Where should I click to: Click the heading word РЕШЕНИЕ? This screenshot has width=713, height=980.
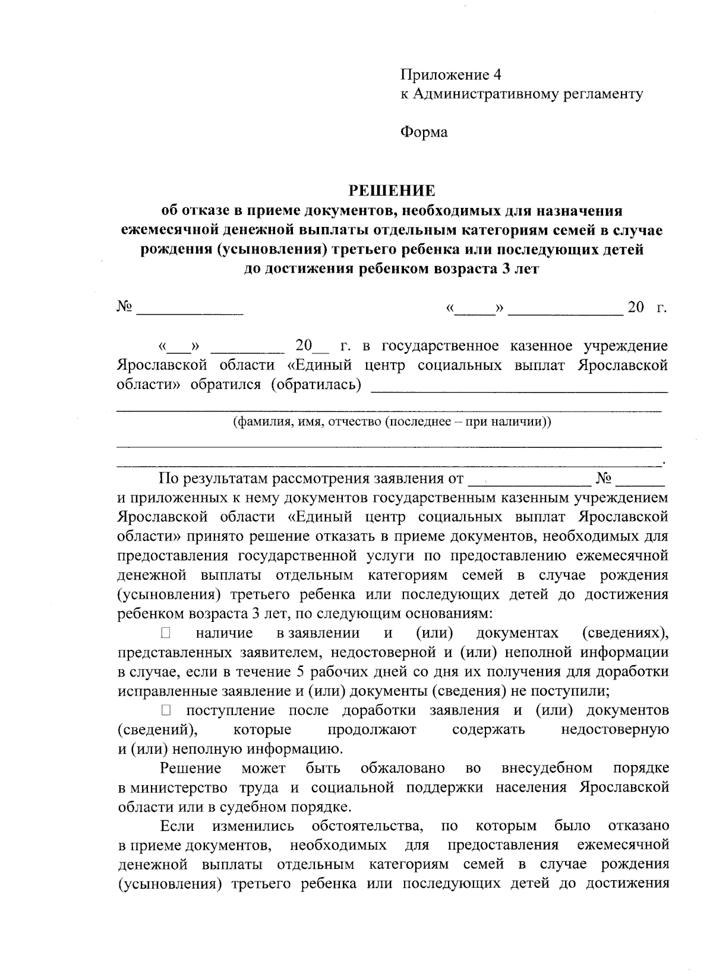(392, 191)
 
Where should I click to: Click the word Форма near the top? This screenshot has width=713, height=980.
(423, 132)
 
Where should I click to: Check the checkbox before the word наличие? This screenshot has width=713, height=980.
(166, 633)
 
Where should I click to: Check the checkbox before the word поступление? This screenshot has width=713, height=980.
(166, 710)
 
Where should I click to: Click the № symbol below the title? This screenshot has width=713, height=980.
(124, 307)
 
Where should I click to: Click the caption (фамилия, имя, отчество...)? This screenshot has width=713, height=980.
(392, 422)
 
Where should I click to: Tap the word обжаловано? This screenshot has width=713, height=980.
(403, 769)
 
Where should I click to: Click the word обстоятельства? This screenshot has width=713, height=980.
(367, 826)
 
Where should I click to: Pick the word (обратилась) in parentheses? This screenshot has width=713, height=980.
(316, 385)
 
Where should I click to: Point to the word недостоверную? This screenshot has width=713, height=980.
(615, 729)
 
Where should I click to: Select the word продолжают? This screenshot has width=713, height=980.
(371, 729)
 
